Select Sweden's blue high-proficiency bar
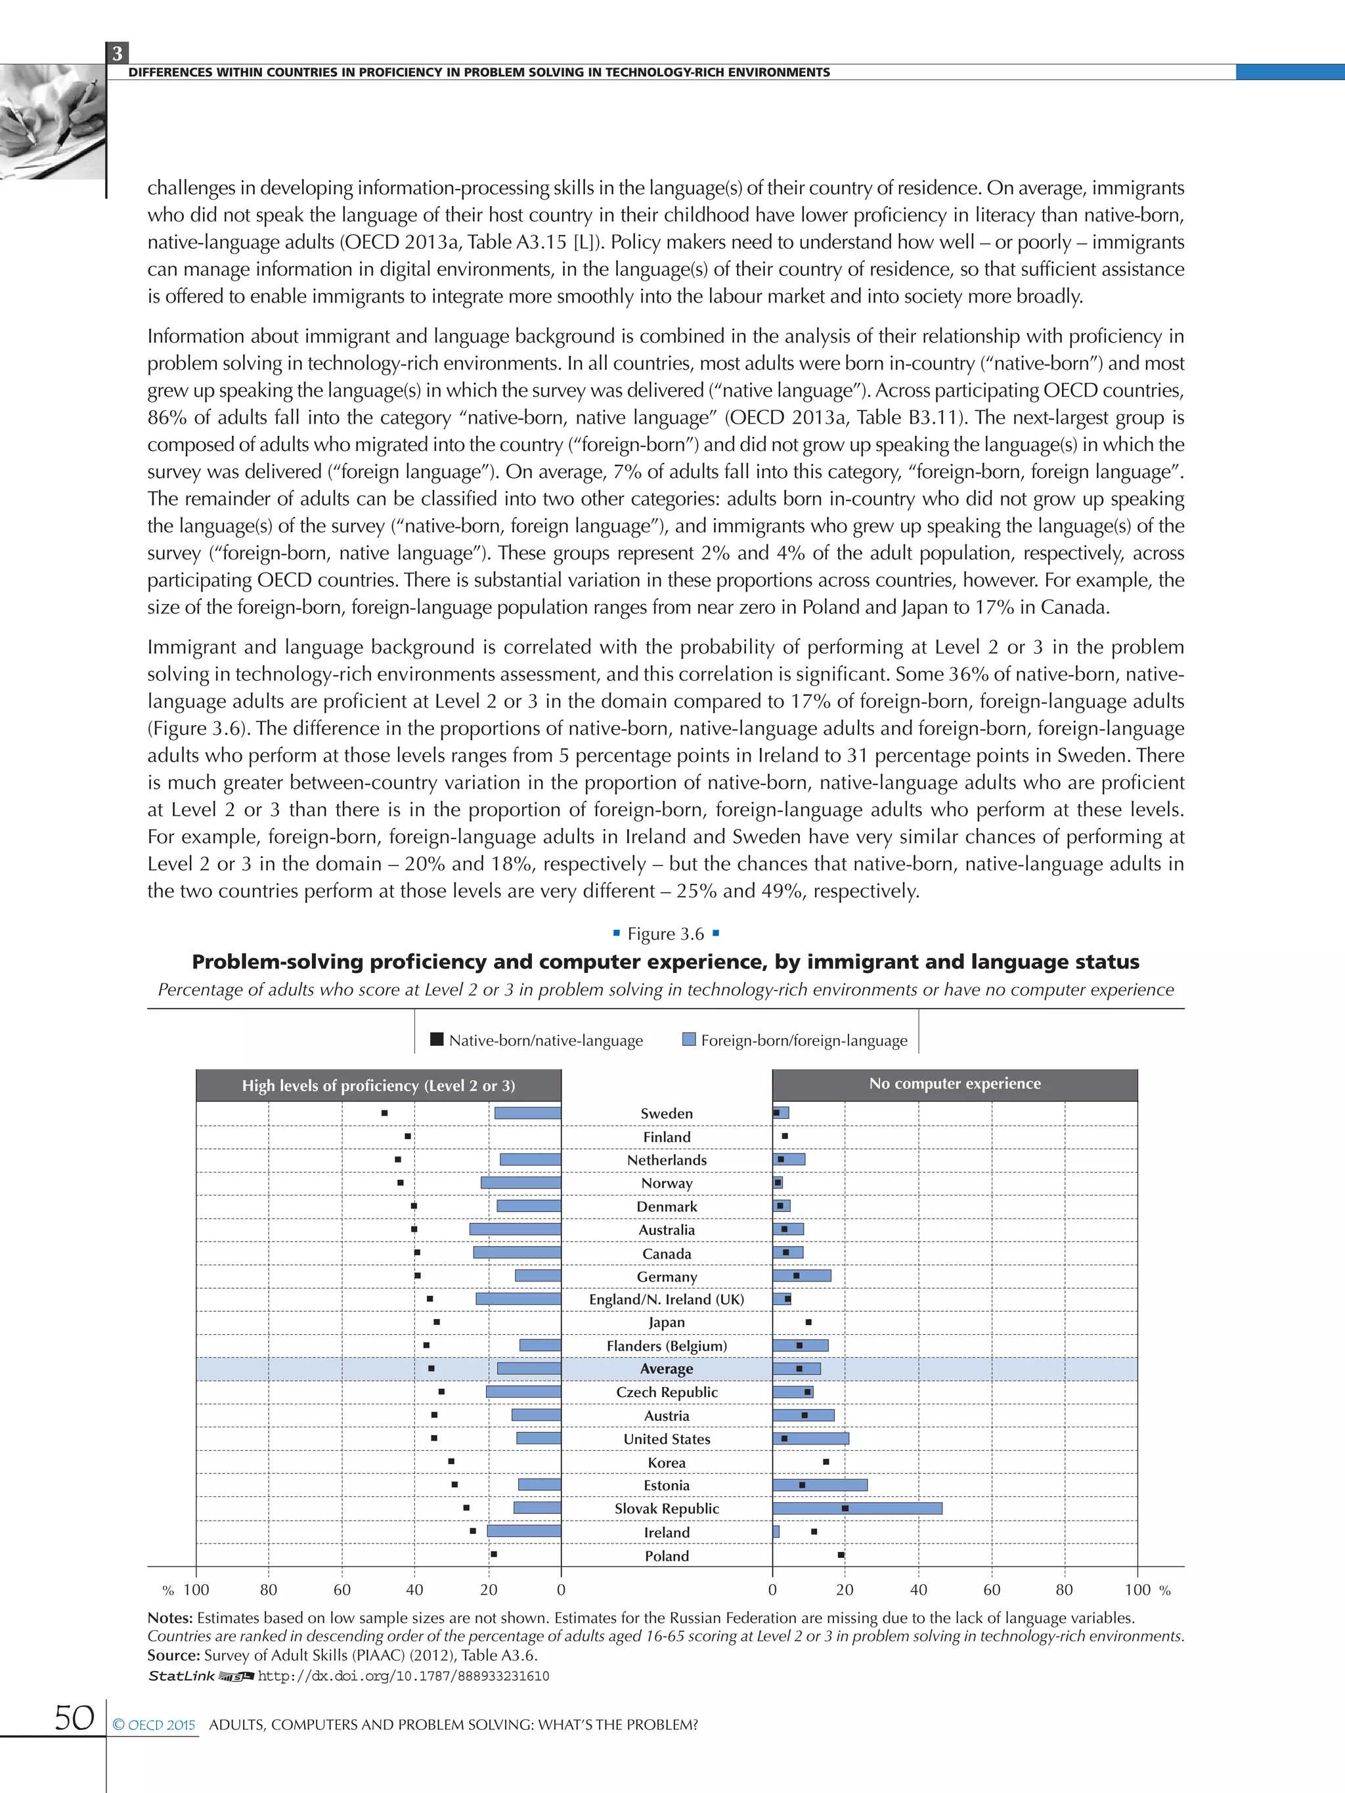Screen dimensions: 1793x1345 click(x=528, y=1113)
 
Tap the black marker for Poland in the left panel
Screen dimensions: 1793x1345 click(x=494, y=1555)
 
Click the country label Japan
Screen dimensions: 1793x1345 click(x=667, y=1322)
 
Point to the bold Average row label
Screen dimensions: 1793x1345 click(x=667, y=1369)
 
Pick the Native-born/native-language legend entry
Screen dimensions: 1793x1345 click(x=537, y=1040)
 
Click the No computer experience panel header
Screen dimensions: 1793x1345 click(x=954, y=1084)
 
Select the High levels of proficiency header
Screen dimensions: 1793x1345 click(x=378, y=1085)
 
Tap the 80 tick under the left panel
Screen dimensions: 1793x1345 click(x=269, y=1589)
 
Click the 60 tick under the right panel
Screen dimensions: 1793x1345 click(x=992, y=1589)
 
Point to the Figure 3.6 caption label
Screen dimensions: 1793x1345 click(x=666, y=934)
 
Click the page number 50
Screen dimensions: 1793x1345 click(x=74, y=1717)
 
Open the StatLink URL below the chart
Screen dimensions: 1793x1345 click(x=403, y=1676)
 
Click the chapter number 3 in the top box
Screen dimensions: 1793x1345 click(x=118, y=53)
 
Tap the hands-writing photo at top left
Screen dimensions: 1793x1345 click(x=52, y=121)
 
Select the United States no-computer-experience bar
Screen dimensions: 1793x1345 click(x=810, y=1438)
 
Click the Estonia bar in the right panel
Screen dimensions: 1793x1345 click(x=820, y=1485)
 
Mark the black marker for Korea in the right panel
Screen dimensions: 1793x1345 click(x=826, y=1461)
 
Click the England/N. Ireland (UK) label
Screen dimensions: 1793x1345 click(x=667, y=1299)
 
